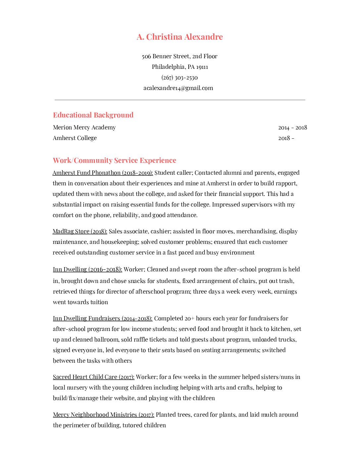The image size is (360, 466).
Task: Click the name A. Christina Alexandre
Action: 180,37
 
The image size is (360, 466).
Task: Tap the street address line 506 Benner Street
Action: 180,56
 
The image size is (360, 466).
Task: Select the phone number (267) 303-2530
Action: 180,77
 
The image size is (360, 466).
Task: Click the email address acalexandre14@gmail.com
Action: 178,88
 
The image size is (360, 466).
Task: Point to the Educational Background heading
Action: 93,115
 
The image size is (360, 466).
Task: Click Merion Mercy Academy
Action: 84,127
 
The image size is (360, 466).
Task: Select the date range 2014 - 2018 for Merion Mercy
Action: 292,128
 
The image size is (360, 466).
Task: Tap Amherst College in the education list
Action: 75,138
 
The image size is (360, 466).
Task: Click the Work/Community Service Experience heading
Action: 114,160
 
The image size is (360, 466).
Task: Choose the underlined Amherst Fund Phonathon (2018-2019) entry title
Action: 103,173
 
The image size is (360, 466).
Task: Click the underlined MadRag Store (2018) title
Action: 80,231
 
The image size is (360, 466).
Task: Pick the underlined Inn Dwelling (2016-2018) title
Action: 87,269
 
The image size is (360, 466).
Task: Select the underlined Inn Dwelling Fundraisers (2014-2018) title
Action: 103,318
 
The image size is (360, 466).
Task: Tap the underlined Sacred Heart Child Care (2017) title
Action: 94,377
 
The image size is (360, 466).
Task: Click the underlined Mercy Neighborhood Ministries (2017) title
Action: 104,415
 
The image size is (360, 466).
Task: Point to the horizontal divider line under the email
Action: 180,100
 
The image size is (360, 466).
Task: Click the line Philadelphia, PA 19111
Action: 180,67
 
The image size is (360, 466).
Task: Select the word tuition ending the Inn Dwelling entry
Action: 99,302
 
